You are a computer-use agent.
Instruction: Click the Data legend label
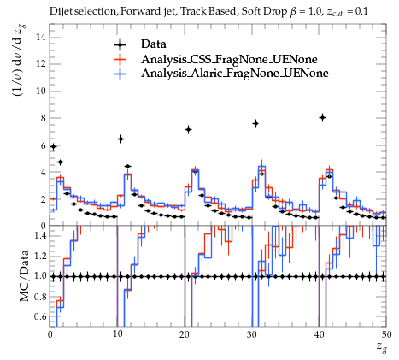click(x=153, y=44)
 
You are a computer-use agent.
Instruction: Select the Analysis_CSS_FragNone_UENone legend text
click(x=229, y=59)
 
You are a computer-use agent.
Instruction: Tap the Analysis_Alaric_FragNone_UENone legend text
click(x=235, y=74)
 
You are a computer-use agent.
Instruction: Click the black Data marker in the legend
click(x=120, y=44)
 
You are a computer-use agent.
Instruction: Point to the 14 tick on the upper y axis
click(x=40, y=37)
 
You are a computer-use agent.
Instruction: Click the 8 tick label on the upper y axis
click(x=43, y=118)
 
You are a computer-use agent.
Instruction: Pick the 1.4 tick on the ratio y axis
click(x=38, y=236)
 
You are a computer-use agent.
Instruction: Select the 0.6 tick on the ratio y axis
click(x=38, y=316)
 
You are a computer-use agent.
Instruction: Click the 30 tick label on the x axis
click(x=252, y=334)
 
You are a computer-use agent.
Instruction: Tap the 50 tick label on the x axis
click(x=386, y=334)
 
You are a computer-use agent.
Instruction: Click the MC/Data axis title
click(x=24, y=275)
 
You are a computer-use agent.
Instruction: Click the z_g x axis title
click(x=381, y=347)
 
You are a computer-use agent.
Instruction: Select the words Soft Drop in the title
click(x=264, y=11)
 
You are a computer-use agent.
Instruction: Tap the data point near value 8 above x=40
click(x=322, y=117)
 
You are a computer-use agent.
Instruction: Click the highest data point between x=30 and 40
click(x=255, y=124)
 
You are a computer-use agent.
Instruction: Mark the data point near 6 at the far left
click(x=53, y=147)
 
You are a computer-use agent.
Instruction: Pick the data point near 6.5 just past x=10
click(x=120, y=139)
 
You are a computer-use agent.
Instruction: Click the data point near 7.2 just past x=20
click(x=188, y=130)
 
